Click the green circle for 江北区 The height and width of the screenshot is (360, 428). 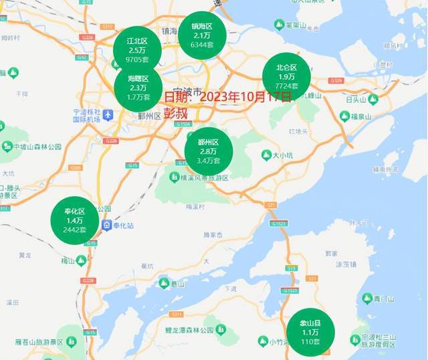(137, 50)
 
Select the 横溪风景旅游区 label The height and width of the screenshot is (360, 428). (201, 178)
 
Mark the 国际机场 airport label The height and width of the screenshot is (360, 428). (87, 118)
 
